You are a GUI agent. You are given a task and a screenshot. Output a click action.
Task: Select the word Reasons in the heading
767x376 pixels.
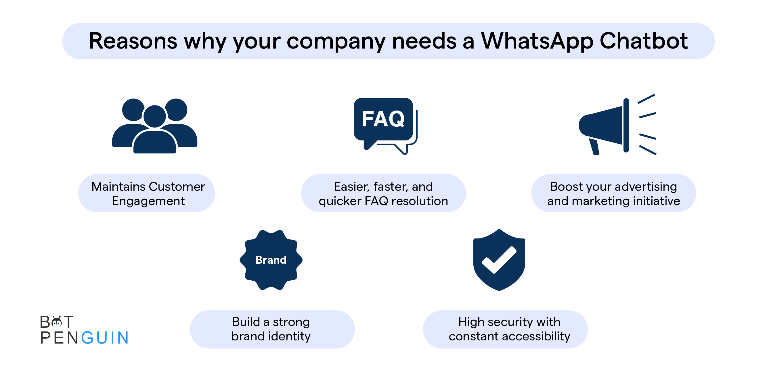pyautogui.click(x=133, y=41)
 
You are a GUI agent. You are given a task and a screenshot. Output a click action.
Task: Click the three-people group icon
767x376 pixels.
pyautogui.click(x=154, y=126)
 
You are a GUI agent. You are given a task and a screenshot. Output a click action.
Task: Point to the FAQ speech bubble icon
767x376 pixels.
pyautogui.click(x=386, y=126)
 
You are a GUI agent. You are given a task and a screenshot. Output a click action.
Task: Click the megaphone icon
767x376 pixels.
pyautogui.click(x=617, y=125)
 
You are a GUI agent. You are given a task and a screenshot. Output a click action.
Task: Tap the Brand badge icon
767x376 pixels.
pyautogui.click(x=271, y=260)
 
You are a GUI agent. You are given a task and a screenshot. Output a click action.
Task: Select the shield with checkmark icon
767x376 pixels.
pyautogui.click(x=499, y=260)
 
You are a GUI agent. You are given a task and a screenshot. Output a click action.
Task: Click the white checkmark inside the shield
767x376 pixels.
pyautogui.click(x=499, y=260)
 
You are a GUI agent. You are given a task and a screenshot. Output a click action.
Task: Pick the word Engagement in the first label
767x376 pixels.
pyautogui.click(x=148, y=201)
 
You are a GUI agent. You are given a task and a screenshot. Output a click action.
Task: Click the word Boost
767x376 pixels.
pyautogui.click(x=566, y=186)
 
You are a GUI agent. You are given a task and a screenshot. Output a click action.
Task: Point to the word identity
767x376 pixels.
pyautogui.click(x=289, y=336)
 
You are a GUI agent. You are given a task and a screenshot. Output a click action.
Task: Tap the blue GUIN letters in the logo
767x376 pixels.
pyautogui.click(x=105, y=338)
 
